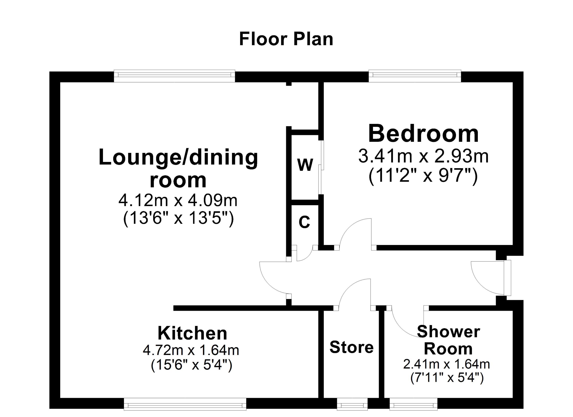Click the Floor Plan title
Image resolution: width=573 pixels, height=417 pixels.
coord(286,39)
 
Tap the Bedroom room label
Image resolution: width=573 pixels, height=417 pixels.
coord(423,134)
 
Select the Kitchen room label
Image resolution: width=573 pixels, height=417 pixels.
coord(192,334)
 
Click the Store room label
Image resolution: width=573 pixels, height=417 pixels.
coord(351,347)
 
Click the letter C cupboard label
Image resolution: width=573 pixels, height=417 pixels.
coord(304,222)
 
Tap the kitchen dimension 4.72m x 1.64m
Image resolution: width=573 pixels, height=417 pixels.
coord(191,350)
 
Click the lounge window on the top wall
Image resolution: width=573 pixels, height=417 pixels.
coord(174,75)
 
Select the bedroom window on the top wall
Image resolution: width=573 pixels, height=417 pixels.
coord(415,75)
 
